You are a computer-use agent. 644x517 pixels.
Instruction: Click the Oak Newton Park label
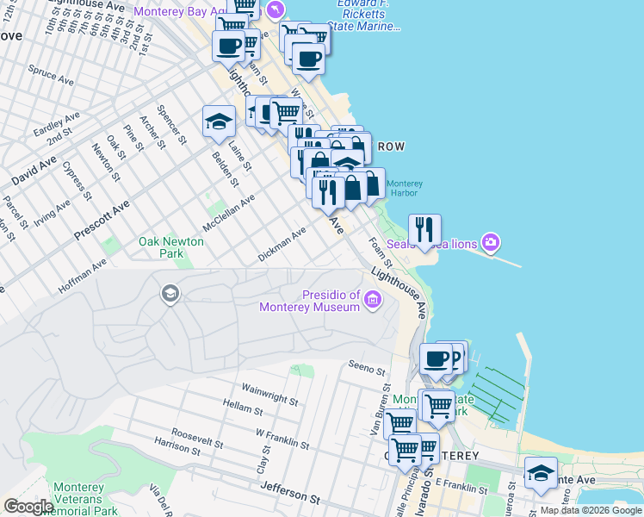coord(171,248)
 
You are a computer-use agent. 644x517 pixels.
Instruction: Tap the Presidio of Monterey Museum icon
coord(373,300)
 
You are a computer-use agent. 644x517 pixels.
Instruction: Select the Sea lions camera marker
coord(491,243)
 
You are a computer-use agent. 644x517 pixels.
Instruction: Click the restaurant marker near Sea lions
coord(424,229)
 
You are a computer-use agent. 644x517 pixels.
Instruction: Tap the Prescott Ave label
coord(102,221)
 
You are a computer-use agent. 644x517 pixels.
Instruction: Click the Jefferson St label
coord(290,495)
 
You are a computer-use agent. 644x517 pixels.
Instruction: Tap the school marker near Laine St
coord(219,121)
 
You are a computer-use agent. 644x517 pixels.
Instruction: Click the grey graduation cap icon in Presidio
coord(170,295)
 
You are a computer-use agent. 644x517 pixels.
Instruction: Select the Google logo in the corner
coord(29,506)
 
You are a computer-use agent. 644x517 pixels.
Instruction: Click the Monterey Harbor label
coord(404,188)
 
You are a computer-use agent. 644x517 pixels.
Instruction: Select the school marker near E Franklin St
coord(541,474)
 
